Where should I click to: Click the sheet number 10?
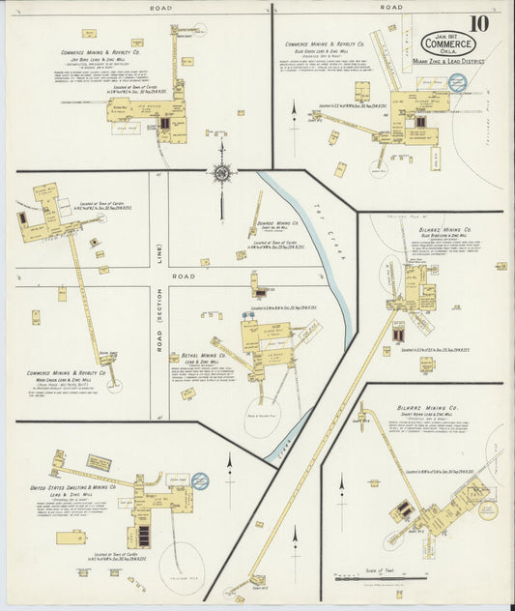(x=479, y=23)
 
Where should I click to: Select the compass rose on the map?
(x=222, y=173)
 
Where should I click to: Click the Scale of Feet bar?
(x=370, y=577)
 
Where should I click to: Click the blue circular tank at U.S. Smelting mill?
(x=200, y=480)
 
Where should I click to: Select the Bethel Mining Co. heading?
(x=196, y=355)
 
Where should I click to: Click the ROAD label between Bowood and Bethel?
(x=184, y=276)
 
